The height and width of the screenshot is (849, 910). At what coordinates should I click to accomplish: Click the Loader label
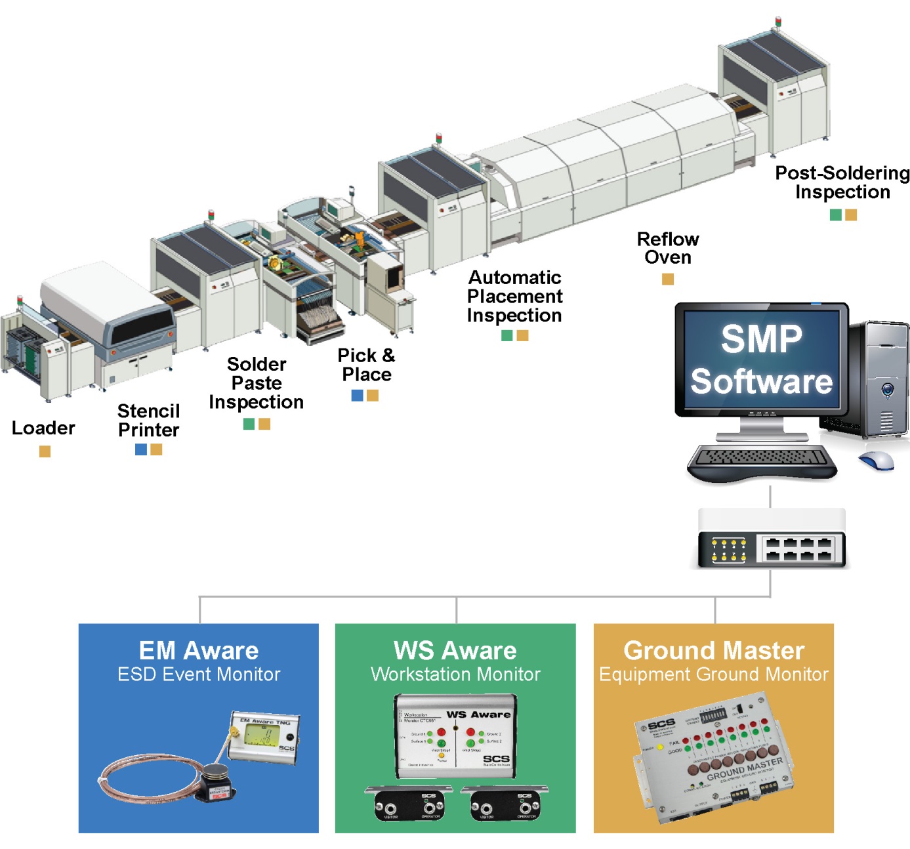(43, 428)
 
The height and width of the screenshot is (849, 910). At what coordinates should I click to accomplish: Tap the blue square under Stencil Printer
(141, 449)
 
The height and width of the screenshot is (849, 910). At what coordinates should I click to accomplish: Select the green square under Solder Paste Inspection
(249, 424)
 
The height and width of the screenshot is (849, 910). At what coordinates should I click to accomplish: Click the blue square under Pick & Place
(358, 395)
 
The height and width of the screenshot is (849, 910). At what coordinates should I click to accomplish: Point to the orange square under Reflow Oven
(668, 279)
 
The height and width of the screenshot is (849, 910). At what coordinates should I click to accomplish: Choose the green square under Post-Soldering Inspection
(836, 215)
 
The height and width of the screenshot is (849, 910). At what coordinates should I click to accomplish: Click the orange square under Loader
(45, 451)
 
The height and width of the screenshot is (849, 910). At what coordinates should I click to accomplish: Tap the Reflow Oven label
(668, 248)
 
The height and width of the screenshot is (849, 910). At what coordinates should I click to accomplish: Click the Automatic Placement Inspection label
(514, 297)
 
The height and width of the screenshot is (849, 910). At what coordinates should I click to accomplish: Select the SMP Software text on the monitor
(761, 360)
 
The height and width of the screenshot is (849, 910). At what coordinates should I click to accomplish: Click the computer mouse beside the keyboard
(877, 460)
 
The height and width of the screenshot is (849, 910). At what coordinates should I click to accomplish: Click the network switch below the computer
(771, 540)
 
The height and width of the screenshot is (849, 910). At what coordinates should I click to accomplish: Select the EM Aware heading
(199, 651)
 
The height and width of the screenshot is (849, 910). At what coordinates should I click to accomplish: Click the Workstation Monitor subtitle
(455, 674)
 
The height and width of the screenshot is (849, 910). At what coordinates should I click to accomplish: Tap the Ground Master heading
(714, 651)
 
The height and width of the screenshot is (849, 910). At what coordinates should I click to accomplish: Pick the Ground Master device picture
(714, 760)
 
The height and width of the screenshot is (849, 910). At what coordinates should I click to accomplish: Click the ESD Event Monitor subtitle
(199, 674)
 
